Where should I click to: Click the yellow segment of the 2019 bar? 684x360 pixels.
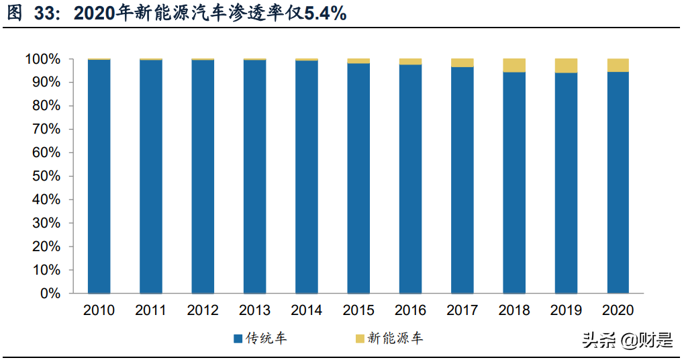[x=566, y=65]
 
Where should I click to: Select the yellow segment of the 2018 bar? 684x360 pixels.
[x=514, y=65]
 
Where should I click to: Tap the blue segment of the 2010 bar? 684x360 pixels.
[x=99, y=177]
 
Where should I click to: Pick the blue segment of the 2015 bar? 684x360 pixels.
[x=358, y=178]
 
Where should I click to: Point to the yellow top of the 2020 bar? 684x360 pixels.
[x=618, y=65]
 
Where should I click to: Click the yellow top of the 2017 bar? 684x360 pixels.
[x=462, y=63]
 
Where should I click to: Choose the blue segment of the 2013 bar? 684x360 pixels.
[x=254, y=177]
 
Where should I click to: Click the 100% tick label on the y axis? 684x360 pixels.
[x=43, y=59]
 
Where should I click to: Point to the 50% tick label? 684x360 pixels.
[x=46, y=177]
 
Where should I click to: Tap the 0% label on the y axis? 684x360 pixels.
[x=50, y=294]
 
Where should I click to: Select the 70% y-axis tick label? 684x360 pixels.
[x=46, y=130]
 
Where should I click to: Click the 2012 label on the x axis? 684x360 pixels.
[x=203, y=310]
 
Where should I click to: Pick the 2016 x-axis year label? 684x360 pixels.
[x=410, y=310]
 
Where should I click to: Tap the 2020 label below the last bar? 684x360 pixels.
[x=618, y=310]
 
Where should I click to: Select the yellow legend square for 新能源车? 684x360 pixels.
[x=360, y=339]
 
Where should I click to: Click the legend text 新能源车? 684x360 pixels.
[x=395, y=339]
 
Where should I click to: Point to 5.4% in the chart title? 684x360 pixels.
[x=325, y=13]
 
